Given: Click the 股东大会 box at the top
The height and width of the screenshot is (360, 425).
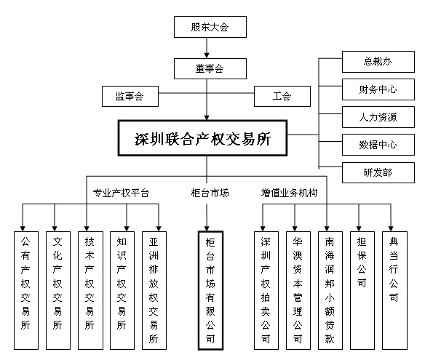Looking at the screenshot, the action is click(210, 27).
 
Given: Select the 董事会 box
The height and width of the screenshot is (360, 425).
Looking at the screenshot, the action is click(210, 68).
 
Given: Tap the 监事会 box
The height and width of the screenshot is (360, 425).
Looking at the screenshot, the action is click(130, 96).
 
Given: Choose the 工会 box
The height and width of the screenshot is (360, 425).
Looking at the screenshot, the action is click(282, 96).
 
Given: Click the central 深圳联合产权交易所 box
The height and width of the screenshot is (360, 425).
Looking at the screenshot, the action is click(202, 138).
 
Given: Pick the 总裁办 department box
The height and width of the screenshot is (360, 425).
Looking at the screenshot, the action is click(378, 62).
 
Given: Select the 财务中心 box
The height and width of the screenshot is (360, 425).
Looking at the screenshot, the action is click(378, 89).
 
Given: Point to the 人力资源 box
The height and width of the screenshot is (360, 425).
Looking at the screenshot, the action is click(378, 117).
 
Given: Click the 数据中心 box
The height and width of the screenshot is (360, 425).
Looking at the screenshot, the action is click(378, 145).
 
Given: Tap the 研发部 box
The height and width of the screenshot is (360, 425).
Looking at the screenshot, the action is click(378, 172).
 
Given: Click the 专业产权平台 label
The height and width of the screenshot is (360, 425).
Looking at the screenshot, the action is click(121, 193).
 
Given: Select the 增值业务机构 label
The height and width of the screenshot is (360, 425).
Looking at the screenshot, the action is click(289, 193).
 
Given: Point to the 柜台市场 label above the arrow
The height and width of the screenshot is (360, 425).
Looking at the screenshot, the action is click(210, 193).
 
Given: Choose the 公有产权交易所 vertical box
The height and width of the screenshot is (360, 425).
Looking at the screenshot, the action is click(26, 290).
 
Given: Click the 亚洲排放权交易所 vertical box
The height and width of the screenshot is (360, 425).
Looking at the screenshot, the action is click(154, 290).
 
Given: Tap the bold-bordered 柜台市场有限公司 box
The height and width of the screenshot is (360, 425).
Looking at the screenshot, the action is click(210, 290).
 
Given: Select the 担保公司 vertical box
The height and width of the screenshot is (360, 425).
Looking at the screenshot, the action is click(362, 290).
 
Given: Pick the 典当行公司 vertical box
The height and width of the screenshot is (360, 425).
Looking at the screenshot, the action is click(394, 290).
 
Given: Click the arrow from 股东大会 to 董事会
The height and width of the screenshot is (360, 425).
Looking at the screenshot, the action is click(207, 48).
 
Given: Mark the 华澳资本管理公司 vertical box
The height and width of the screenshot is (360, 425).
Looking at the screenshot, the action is click(298, 290).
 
